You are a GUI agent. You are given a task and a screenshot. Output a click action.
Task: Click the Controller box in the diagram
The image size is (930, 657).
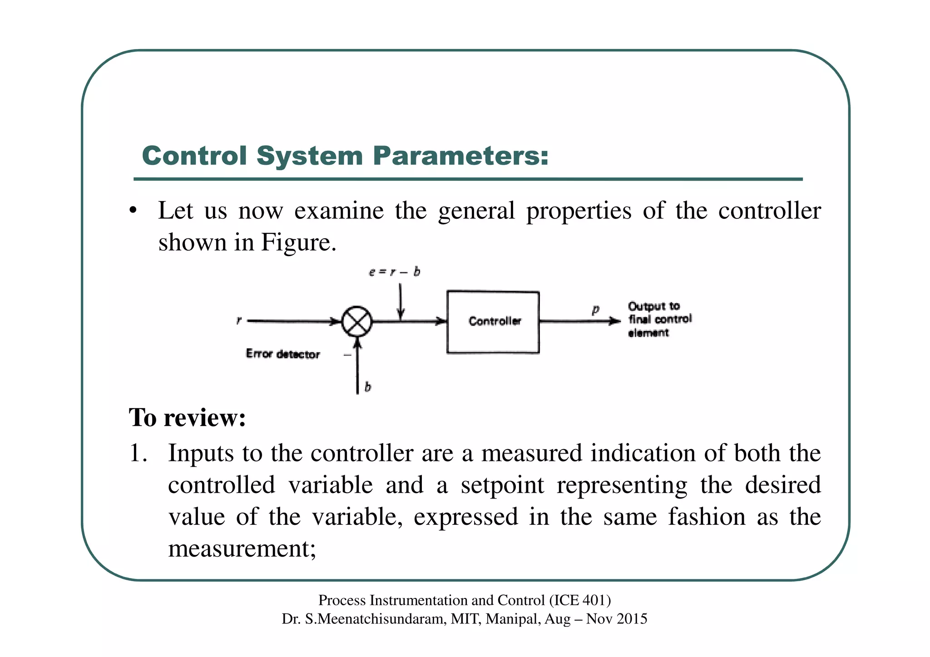pos(493,322)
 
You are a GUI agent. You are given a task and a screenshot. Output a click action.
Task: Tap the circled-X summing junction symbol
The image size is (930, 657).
pos(357,321)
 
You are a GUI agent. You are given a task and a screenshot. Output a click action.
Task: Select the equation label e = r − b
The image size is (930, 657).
pos(394,272)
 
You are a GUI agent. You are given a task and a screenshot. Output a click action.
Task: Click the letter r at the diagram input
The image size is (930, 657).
pos(239,321)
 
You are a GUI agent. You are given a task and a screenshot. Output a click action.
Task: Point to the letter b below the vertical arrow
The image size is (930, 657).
pos(368,387)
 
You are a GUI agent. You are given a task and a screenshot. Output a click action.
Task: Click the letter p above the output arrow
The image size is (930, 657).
pos(595,310)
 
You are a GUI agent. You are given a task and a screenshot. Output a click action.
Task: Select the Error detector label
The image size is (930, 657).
pos(282,354)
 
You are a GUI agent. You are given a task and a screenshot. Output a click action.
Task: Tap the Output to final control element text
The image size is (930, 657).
pos(659,319)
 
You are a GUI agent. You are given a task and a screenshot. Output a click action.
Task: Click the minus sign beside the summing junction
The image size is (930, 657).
pos(347,355)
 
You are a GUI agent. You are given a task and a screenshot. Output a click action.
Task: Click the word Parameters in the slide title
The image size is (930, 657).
pos(461,156)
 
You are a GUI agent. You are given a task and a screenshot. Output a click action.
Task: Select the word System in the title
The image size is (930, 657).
pos(310,156)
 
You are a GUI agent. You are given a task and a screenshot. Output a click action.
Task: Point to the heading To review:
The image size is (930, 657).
pos(188,417)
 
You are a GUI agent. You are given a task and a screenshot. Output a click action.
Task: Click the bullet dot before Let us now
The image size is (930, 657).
pos(133,211)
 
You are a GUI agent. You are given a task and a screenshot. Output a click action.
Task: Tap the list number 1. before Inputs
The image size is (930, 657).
pos(138,453)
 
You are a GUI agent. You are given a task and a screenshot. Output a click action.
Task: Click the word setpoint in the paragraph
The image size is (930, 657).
pos(502,485)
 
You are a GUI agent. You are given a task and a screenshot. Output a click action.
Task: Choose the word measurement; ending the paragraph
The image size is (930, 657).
pos(242,548)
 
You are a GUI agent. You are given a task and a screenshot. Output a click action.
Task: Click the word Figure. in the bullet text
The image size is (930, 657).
pos(298,242)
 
